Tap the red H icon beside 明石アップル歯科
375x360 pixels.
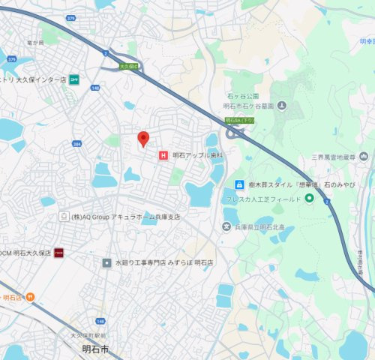coord(163,156)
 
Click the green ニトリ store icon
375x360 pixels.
coord(75,78)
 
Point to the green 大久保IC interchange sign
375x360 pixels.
coord(129,66)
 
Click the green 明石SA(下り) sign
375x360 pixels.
coord(240,118)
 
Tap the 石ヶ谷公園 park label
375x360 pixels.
coord(242,97)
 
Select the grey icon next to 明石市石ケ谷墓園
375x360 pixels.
coord(281,106)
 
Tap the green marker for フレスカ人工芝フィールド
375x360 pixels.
coord(308,199)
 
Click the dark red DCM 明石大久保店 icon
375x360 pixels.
coord(58,253)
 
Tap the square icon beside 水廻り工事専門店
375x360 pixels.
coord(107,263)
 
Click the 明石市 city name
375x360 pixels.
coord(95,349)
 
